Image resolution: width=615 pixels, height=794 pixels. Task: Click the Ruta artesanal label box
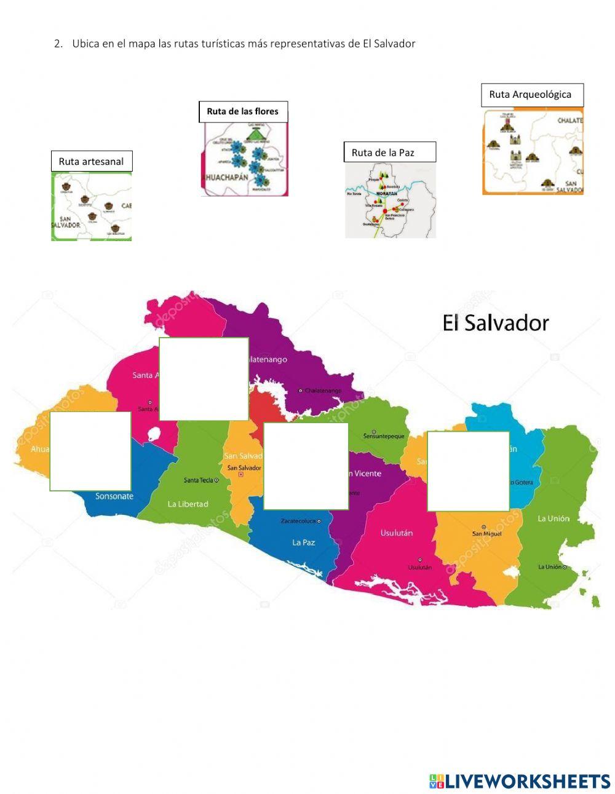tap(91, 162)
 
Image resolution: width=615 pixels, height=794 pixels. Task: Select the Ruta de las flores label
tap(243, 111)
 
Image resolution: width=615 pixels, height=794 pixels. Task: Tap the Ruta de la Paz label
tap(389, 153)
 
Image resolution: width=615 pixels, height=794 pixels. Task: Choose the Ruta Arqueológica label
tap(532, 95)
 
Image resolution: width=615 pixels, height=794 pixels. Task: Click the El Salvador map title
tap(495, 323)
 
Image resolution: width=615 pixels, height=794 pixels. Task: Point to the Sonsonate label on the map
tap(114, 496)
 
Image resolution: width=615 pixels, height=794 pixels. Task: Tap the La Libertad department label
tap(188, 504)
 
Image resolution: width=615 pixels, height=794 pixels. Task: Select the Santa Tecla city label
tap(198, 480)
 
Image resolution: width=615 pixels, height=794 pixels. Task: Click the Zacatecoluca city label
tap(298, 521)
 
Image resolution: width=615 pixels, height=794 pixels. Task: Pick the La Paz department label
tap(304, 542)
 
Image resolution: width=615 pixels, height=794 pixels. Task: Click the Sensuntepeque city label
tap(384, 436)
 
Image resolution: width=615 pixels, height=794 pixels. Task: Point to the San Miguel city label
tap(487, 533)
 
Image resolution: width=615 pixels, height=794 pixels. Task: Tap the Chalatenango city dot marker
tap(301, 391)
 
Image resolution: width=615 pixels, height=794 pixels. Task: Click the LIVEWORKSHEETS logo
tap(520, 781)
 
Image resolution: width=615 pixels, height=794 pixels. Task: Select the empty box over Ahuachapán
tap(90, 451)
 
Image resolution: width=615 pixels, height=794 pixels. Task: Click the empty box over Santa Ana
tap(204, 379)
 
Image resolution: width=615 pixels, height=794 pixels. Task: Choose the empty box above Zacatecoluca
tap(306, 466)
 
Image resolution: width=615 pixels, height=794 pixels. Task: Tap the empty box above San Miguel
tap(469, 471)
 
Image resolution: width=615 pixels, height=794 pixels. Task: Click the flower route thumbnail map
tap(244, 159)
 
